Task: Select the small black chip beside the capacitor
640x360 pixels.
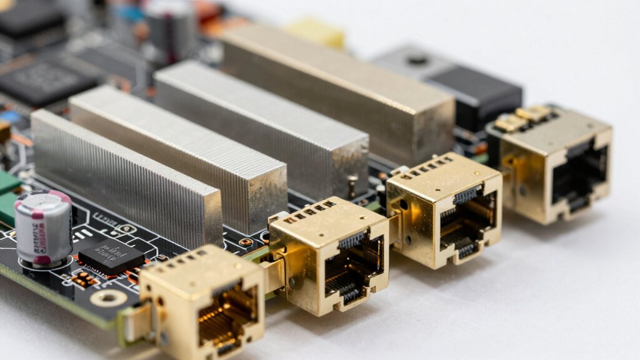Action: tap(111, 255)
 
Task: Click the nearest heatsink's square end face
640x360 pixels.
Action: tap(198, 213)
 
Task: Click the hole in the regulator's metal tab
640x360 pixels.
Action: tap(416, 60)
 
